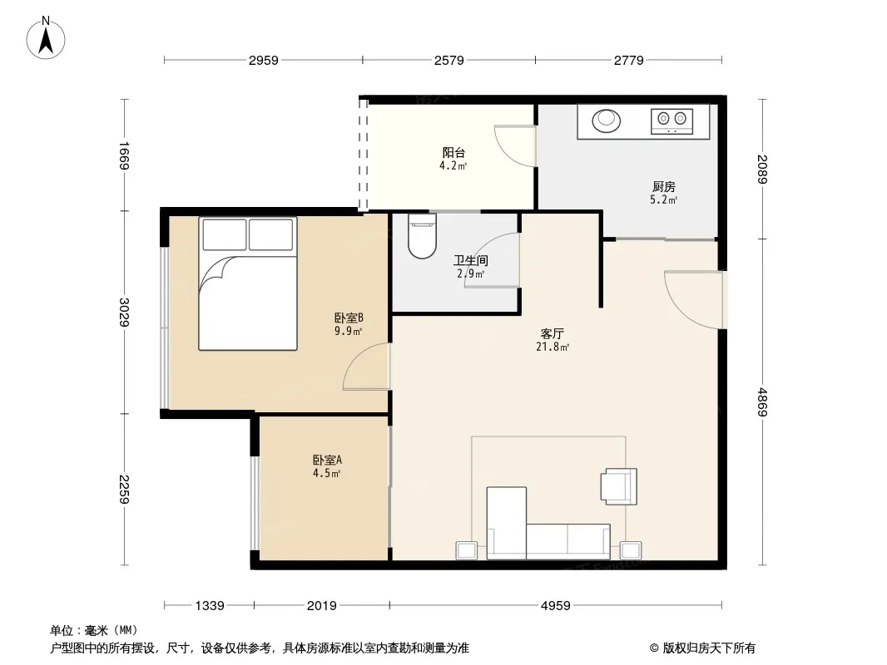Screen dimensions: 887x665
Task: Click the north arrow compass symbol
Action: point(46,38)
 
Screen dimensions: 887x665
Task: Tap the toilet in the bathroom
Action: point(422,236)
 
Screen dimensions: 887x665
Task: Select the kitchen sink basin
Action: point(607,121)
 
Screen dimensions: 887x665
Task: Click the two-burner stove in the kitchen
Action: point(672,121)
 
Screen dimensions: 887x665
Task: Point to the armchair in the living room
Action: point(619,486)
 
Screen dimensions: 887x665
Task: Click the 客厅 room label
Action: point(553,333)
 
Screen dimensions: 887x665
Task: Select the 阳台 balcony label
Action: point(453,153)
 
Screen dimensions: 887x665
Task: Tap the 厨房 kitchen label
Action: point(663,186)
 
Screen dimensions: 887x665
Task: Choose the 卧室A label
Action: point(327,460)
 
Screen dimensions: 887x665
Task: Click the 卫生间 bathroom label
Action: point(471,260)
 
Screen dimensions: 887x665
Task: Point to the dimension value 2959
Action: point(264,61)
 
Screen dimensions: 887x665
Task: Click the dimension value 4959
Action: point(556,606)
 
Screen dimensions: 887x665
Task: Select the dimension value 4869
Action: point(762,401)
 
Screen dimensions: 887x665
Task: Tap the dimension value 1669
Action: point(125,155)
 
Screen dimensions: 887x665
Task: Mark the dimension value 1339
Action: point(210,606)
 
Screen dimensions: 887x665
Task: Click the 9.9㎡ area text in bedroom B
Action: point(348,331)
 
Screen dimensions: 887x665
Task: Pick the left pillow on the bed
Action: point(225,234)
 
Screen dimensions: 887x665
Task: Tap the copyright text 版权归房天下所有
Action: point(709,648)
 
